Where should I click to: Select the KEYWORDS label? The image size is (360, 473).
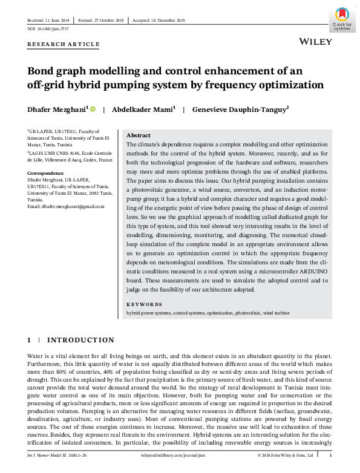pyautogui.click(x=144, y=304)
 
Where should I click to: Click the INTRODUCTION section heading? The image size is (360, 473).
pyautogui.click(x=80, y=340)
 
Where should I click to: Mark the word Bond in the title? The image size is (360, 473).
pyautogui.click(x=43, y=71)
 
